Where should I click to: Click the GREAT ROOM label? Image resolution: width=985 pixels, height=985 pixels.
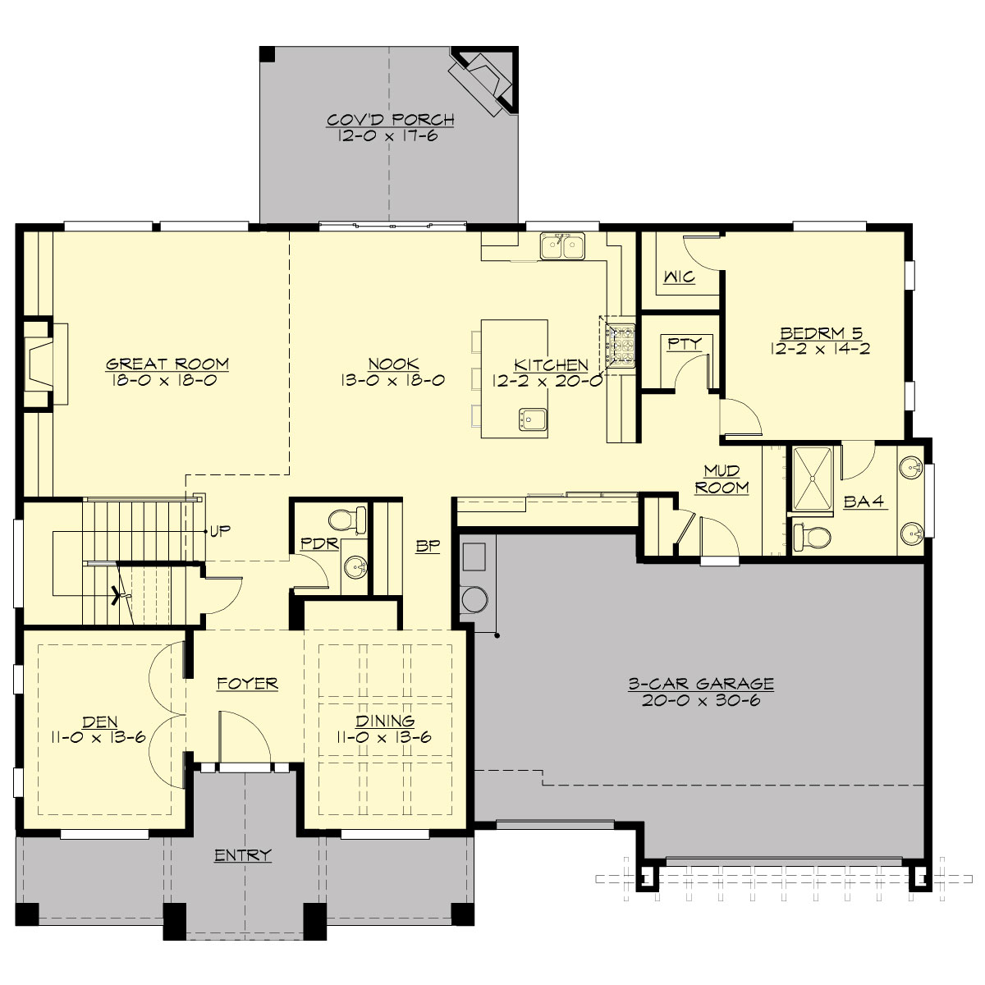pyautogui.click(x=167, y=363)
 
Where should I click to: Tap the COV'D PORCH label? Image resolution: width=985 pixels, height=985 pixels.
pyautogui.click(x=390, y=120)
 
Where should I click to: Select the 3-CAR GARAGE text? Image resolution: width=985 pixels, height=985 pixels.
pyautogui.click(x=701, y=682)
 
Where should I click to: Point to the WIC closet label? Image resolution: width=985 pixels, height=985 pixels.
pyautogui.click(x=680, y=277)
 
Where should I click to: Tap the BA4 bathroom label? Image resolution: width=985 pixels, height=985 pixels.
pyautogui.click(x=863, y=502)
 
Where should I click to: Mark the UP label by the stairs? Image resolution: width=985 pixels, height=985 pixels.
pyautogui.click(x=219, y=529)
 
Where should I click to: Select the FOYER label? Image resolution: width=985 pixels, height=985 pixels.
pyautogui.click(x=247, y=683)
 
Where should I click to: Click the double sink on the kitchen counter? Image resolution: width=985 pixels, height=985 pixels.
pyautogui.click(x=562, y=245)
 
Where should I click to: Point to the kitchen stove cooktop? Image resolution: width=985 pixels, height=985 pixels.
pyautogui.click(x=620, y=345)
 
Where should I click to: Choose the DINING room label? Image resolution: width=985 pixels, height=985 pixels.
pyautogui.click(x=384, y=722)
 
